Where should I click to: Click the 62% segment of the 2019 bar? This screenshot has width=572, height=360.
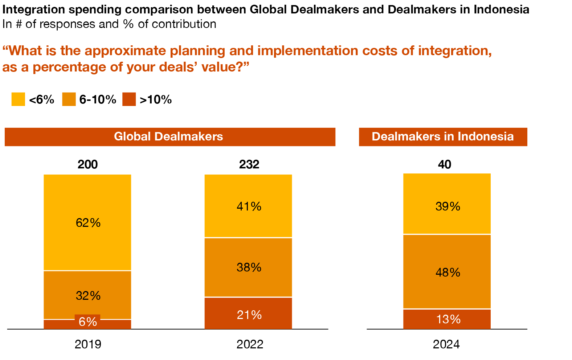(87, 222)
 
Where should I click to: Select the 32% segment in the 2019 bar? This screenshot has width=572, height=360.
(87, 295)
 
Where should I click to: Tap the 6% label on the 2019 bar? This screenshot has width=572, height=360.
(88, 322)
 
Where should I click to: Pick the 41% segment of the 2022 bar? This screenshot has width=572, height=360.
(248, 206)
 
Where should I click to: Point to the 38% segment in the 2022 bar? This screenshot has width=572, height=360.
(248, 267)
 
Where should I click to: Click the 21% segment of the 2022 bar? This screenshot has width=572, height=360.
(248, 314)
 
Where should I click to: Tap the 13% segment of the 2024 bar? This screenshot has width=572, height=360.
(447, 319)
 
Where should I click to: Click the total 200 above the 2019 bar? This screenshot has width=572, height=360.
(87, 164)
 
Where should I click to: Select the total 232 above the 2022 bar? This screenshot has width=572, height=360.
(249, 164)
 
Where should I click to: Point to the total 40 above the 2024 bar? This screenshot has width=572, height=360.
(445, 164)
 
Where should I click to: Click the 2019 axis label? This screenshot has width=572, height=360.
(88, 344)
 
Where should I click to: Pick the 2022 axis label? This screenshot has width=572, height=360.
(250, 344)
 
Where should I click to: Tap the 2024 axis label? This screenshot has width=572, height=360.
(446, 344)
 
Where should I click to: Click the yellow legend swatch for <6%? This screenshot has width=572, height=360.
(18, 99)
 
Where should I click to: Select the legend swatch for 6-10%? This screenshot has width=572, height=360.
(69, 99)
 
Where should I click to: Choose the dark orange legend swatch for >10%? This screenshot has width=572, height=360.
(129, 99)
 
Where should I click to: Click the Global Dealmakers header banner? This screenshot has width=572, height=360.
(170, 137)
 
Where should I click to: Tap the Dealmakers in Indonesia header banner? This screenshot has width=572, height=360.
(443, 137)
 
